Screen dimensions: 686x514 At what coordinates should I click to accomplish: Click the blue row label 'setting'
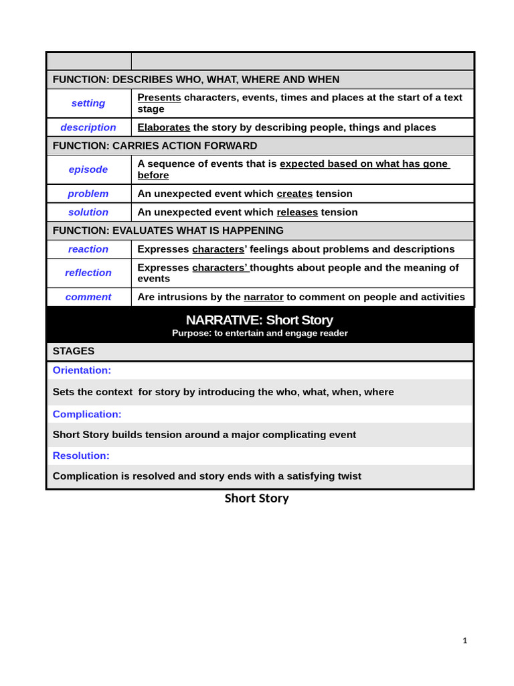click(88, 103)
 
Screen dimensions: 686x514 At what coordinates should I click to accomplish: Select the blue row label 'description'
click(88, 127)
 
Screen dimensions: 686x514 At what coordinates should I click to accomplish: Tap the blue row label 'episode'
click(88, 169)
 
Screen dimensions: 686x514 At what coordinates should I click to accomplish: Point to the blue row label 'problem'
click(88, 194)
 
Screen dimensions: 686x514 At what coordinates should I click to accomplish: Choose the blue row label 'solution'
click(88, 212)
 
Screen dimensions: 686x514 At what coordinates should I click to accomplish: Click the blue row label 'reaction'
click(88, 249)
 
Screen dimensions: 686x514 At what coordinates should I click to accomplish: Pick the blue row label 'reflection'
click(88, 273)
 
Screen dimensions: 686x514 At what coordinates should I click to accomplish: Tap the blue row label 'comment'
click(88, 297)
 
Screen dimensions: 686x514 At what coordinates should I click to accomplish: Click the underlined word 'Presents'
click(159, 97)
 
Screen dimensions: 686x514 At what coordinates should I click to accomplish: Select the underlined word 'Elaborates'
click(164, 127)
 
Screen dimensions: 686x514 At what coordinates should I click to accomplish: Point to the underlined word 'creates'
click(294, 194)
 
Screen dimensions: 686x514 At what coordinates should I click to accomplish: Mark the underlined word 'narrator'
click(264, 297)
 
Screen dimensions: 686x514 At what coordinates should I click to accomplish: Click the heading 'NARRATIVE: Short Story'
click(259, 320)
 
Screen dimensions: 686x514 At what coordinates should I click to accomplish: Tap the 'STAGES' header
click(74, 351)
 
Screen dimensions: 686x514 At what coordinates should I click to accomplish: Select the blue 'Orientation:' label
click(82, 370)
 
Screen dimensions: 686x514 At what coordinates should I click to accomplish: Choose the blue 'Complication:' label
click(87, 414)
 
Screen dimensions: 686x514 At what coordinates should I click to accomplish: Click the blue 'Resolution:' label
click(81, 456)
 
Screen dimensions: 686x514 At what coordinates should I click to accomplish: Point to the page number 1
click(464, 640)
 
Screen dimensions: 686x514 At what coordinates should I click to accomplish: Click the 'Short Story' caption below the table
click(257, 498)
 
